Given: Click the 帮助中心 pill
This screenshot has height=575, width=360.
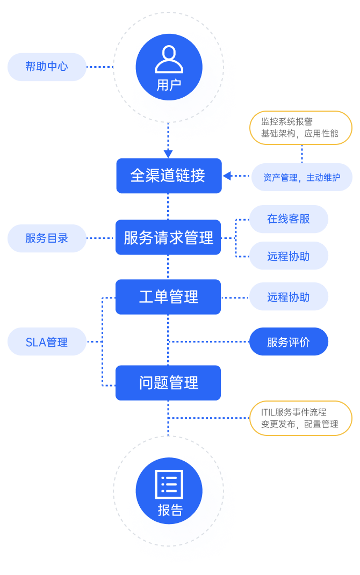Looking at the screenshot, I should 47,67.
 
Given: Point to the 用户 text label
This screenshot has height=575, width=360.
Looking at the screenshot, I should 169,85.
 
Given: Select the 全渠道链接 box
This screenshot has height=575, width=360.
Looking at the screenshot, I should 169,176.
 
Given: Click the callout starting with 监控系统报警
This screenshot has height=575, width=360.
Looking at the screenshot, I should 301,128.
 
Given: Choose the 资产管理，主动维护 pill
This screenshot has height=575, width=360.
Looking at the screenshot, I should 302,177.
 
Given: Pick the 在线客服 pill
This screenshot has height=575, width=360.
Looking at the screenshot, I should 289,219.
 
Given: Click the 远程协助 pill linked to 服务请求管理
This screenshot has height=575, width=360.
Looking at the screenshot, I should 289,256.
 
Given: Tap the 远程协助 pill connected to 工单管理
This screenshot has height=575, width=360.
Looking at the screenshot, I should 289,297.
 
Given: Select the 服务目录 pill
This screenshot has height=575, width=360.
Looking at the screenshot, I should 47,238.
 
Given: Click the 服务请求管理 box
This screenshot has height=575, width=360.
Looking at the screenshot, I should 168,237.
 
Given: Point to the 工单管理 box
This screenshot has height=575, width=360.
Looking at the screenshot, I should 168,297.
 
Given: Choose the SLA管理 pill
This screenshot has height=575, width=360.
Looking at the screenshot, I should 47,342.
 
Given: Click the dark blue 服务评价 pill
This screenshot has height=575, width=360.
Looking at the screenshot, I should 289,342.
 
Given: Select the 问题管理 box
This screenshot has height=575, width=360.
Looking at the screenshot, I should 168,383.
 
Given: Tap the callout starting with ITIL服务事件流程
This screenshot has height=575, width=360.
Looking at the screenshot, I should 301,418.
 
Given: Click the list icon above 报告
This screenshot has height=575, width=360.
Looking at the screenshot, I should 169,484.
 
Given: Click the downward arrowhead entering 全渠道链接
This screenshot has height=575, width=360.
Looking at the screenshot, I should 168,154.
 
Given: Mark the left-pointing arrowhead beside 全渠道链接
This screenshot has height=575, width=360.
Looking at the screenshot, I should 227,176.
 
